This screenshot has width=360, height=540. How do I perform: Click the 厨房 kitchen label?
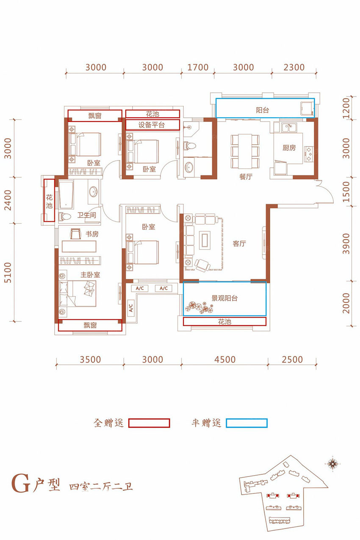(x=289, y=147)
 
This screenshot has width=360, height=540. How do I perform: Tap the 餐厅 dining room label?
(x=246, y=177)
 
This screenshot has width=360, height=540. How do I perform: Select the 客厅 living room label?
(x=239, y=244)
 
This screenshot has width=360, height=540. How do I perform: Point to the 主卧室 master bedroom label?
(x=90, y=274)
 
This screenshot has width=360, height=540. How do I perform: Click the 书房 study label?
(x=92, y=234)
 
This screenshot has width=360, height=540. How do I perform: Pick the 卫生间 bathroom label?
(x=86, y=215)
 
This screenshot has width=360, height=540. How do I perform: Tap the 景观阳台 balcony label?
(x=224, y=298)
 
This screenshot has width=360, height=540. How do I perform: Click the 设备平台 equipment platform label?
(x=152, y=125)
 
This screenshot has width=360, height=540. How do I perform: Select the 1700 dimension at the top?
(x=198, y=67)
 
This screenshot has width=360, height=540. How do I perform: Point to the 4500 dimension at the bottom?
(x=225, y=360)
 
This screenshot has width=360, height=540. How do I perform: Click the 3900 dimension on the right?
(x=346, y=244)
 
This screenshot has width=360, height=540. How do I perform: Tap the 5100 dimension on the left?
(x=8, y=272)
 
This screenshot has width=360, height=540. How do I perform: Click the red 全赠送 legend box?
(x=149, y=423)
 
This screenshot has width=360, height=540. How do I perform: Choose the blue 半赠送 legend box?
(x=246, y=423)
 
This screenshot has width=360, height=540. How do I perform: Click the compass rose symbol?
(x=332, y=463)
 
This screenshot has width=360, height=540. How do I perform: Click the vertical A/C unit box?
(x=130, y=307)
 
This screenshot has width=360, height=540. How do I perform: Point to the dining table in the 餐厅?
(x=245, y=151)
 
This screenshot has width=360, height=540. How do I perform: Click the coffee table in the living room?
(x=205, y=240)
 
